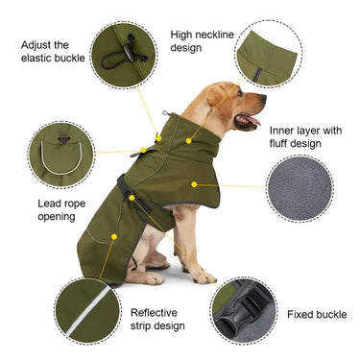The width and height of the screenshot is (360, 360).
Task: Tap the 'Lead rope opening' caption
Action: (42, 209)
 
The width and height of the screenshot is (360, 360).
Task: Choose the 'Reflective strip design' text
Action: (159, 320)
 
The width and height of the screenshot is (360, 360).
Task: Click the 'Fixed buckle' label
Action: (317, 315)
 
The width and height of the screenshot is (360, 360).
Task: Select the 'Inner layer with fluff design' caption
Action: (305, 137)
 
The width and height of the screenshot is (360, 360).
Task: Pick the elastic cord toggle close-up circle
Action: (124, 53)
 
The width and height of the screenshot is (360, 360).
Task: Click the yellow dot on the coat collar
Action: (189, 140)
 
